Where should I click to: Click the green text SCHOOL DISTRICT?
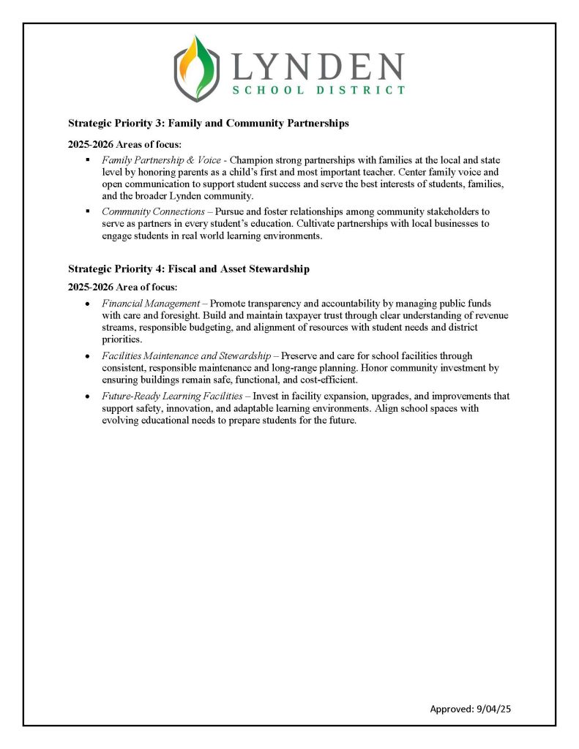[318, 90]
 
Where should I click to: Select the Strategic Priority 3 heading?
[208, 124]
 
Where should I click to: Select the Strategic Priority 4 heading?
[188, 269]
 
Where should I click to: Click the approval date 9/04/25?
[502, 709]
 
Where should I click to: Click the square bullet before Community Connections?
[88, 211]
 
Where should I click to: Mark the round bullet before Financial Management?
[88, 303]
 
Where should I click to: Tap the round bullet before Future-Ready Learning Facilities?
[88, 396]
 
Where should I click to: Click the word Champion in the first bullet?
[253, 159]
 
